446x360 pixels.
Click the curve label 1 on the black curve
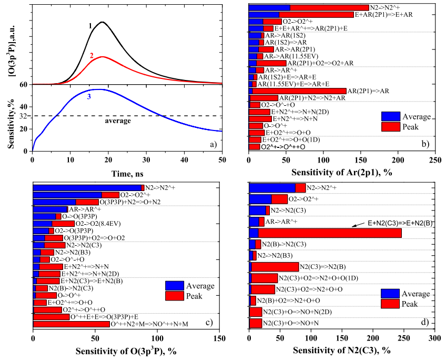pos(90,25)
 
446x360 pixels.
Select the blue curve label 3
pos(89,97)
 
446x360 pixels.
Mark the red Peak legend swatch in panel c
pos(175,296)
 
